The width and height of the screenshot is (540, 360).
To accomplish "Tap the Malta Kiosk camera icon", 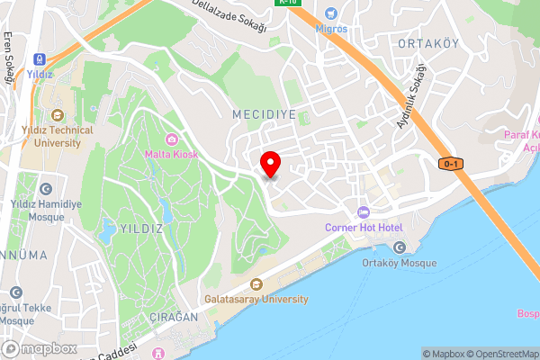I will point(172,139).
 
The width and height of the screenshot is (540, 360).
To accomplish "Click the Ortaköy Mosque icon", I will point(400,247).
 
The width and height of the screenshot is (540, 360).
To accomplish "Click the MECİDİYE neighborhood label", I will point(264,115).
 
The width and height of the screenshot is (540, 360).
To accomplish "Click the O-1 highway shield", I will point(451,164).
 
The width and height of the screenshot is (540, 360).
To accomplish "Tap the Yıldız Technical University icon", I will point(58,114).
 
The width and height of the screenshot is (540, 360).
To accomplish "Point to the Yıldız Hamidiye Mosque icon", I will point(45,189).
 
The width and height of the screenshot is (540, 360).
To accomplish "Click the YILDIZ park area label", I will point(139,229).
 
